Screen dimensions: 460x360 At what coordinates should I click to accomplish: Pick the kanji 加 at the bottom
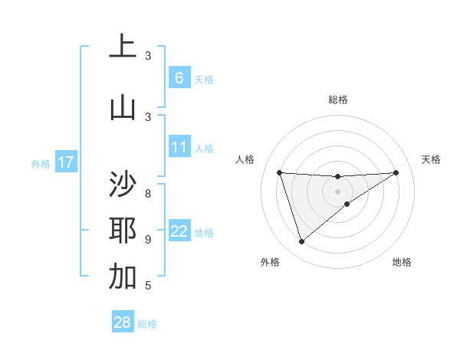coord(123,277)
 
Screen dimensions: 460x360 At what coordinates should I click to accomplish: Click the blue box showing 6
coord(179,77)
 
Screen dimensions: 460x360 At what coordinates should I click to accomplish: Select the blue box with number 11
coord(179,146)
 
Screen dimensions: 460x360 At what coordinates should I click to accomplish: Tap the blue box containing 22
coord(179,231)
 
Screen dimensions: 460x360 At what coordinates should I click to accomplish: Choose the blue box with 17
coord(66,162)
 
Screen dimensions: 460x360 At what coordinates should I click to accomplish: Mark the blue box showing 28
coord(123,322)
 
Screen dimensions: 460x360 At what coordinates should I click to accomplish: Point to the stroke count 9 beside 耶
coord(148,239)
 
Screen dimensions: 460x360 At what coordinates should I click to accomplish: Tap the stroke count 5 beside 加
coord(148,286)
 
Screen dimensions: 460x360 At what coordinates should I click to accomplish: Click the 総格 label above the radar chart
coord(337,100)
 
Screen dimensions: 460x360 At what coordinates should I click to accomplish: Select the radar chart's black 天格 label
coord(431,159)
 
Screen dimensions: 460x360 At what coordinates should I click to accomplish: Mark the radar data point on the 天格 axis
coord(396,172)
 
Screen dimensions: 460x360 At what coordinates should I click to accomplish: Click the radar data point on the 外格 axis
coord(301,242)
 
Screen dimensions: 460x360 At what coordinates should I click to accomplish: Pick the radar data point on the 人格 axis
coord(279,172)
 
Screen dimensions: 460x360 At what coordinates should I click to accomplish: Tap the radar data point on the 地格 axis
coord(347,204)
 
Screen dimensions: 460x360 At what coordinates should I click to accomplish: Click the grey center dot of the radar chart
coord(337,191)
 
